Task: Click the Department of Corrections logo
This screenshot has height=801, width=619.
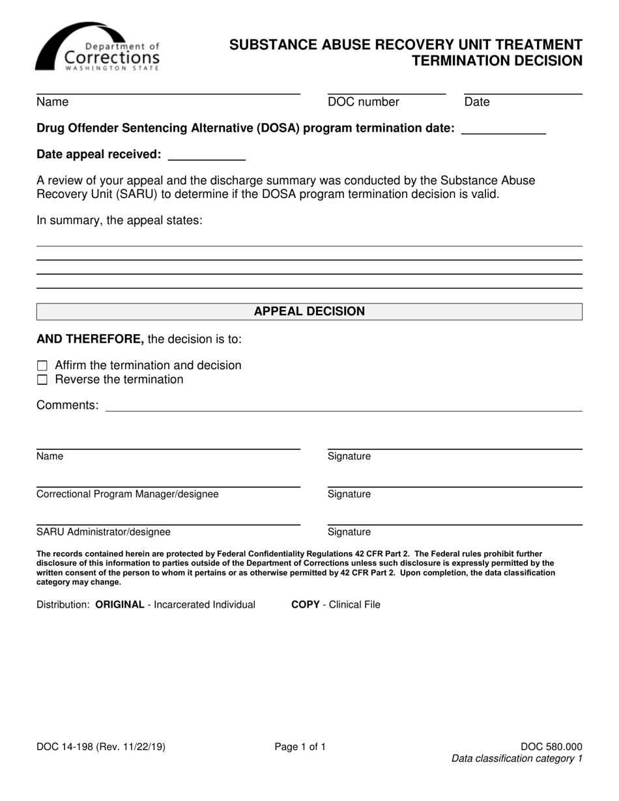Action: pos(98,47)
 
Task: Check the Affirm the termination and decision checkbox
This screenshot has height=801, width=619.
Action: pos(43,366)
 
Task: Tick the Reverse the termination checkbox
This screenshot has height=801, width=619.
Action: pos(43,380)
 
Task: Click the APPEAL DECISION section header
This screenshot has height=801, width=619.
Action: pos(309,311)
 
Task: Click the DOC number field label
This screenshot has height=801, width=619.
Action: pos(363,102)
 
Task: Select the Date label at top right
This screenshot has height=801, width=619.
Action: pos(476,102)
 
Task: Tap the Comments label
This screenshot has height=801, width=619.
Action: pos(68,406)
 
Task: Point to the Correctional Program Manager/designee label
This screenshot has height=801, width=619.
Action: pos(128,494)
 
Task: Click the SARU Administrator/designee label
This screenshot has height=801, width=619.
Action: pos(104,532)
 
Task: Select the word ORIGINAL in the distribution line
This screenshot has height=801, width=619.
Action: pos(120,605)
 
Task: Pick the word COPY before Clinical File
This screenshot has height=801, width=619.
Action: pos(305,605)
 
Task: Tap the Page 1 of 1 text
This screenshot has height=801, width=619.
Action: pos(300,748)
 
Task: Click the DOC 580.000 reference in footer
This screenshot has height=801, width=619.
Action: pos(551,748)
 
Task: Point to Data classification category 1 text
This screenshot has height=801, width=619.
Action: pos(517,759)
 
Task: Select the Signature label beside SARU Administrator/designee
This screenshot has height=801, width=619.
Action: pos(349,532)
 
